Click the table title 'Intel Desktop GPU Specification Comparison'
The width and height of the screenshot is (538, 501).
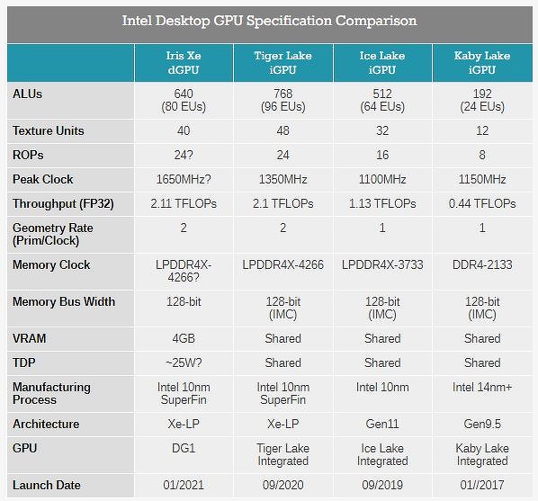(269, 21)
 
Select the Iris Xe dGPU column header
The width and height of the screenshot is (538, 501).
(184, 62)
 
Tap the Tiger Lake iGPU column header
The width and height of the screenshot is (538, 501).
(283, 62)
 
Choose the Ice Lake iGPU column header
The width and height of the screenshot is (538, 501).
(382, 62)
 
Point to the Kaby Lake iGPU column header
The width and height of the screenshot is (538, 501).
(482, 62)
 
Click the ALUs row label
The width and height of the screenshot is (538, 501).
(28, 94)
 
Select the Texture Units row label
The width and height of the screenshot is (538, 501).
(49, 130)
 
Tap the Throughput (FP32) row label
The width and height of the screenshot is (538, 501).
(63, 203)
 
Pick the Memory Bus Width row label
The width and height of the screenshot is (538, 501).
(64, 301)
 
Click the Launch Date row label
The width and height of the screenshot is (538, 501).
(47, 485)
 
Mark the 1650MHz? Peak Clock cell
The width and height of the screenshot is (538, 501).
(184, 179)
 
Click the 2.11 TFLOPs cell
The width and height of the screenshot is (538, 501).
(184, 203)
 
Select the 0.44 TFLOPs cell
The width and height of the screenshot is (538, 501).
(482, 203)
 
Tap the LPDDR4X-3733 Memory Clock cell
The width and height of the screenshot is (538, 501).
(382, 264)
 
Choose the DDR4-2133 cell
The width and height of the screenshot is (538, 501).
(482, 264)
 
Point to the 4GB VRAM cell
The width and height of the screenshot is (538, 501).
(184, 338)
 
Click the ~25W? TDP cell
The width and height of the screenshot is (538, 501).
(184, 362)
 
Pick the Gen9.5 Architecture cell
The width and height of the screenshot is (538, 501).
(482, 424)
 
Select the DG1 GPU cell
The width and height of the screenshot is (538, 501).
(184, 447)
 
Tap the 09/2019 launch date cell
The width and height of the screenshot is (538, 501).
(382, 485)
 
